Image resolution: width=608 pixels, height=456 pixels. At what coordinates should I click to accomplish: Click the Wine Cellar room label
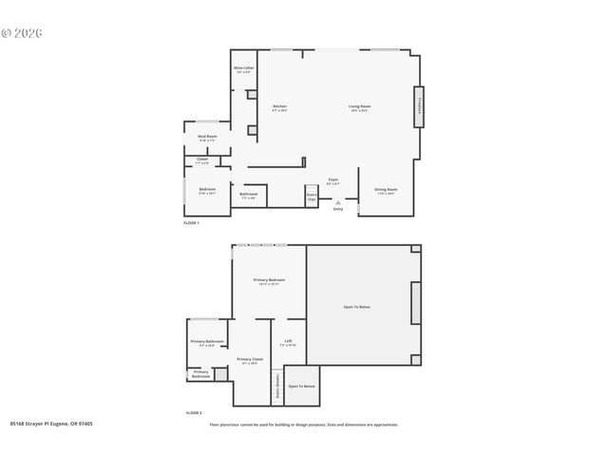243,69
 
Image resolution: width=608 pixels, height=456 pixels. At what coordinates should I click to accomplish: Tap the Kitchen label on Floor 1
279,107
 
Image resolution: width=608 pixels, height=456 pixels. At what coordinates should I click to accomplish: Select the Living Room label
359,107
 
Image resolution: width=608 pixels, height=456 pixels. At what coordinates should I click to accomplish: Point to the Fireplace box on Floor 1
418,106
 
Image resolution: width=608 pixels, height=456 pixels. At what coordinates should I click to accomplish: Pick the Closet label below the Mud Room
202,161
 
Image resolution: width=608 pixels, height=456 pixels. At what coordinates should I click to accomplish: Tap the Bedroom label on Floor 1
207,190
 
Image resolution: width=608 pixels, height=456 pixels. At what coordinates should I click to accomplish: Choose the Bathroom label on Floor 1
249,197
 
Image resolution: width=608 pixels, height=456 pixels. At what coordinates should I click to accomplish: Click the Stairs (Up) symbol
312,197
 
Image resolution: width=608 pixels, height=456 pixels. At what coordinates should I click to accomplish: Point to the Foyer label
333,180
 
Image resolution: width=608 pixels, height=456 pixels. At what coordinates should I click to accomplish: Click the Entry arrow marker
337,202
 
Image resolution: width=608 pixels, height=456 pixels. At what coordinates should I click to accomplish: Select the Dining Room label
386,190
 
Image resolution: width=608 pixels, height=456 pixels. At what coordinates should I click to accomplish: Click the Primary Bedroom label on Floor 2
269,281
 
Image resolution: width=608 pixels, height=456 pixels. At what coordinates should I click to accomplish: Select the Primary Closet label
249,361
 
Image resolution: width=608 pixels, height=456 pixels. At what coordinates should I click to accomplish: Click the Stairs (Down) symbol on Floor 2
277,387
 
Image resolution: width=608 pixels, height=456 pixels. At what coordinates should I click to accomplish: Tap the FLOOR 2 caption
193,413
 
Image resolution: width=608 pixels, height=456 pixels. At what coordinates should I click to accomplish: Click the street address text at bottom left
51,425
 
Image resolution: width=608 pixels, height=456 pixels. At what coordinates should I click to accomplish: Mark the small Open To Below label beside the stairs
302,387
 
